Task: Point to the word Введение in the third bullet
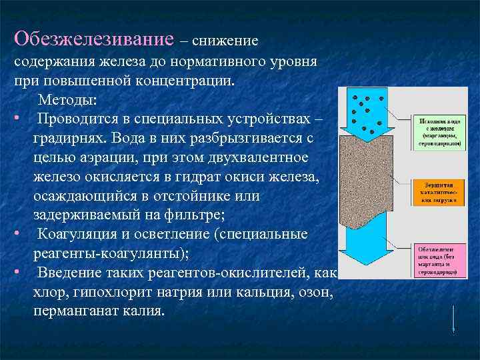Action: coord(66,273)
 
